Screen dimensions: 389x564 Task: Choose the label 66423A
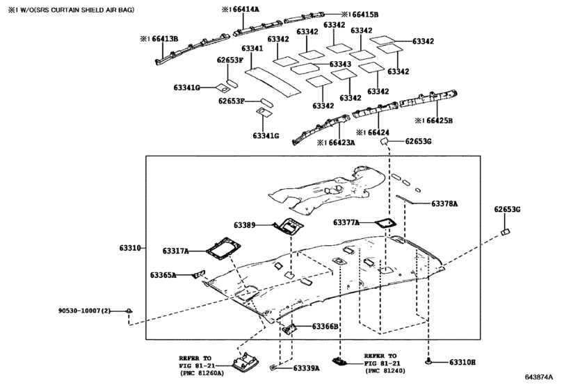tap(338, 142)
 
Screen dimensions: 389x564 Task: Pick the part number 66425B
tap(435, 120)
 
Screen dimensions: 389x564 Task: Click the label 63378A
tap(444, 204)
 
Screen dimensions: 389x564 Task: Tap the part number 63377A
tap(346, 223)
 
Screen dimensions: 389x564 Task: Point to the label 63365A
tap(163, 275)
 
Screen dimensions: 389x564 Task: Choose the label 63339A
tap(306, 368)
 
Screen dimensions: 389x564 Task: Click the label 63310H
tap(462, 362)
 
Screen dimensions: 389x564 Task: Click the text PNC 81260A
tap(204, 372)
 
